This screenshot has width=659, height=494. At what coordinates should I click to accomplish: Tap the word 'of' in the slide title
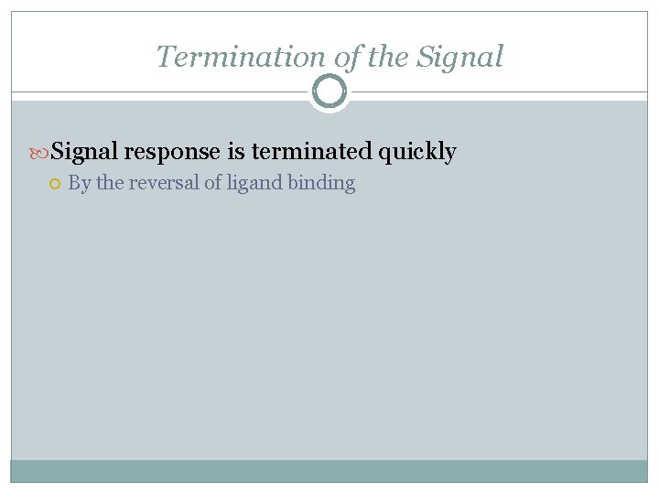[x=347, y=57]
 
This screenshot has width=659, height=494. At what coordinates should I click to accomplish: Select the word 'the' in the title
[x=388, y=57]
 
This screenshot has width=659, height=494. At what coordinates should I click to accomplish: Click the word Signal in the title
[x=460, y=57]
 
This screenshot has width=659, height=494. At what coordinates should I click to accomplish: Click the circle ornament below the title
[x=329, y=91]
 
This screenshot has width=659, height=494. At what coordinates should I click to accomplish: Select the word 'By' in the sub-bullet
[x=80, y=183]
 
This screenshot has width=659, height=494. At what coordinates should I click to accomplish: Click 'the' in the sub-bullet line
[x=109, y=183]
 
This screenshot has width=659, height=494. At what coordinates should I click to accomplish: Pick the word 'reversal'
[x=164, y=183]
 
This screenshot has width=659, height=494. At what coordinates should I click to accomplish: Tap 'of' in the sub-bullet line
[x=213, y=183]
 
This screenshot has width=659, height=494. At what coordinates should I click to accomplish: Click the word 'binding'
[x=321, y=184]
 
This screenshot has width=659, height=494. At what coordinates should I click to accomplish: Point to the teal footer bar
[x=329, y=471]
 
